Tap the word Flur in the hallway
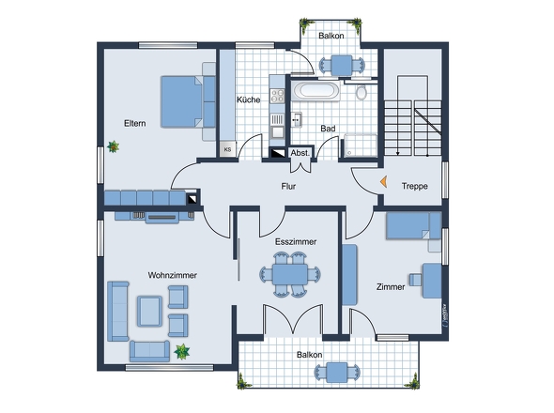pos(289,186)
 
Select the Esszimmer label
pos(295,241)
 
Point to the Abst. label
pos(300,152)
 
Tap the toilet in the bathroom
pos(362,92)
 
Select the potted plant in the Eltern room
pos(115,146)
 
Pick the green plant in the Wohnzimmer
pos(181,351)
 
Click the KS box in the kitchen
pos(226,148)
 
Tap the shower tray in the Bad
pos(361,144)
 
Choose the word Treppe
pos(413,186)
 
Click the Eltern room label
pos(134,123)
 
